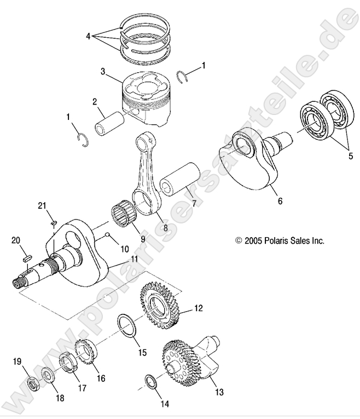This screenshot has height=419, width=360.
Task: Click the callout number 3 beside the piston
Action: point(102,71)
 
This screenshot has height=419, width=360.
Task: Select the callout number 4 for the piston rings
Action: point(88,36)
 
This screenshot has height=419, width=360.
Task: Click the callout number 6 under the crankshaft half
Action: point(280,202)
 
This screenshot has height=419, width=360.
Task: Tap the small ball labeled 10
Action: point(110,235)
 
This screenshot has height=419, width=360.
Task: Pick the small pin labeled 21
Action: point(53,222)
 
